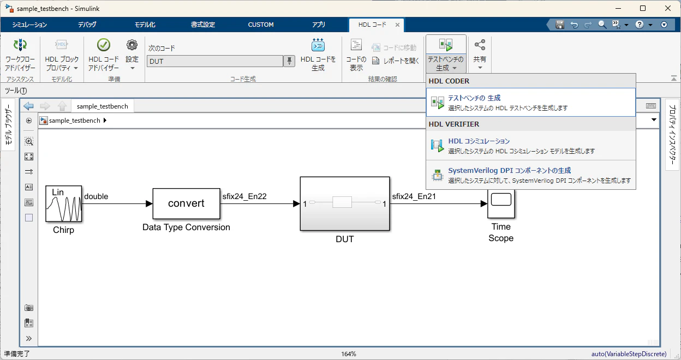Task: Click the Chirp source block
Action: tap(63, 203)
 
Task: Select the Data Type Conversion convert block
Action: tap(187, 203)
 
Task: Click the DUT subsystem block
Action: tap(345, 203)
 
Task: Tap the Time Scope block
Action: tap(501, 203)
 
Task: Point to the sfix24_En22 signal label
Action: tap(244, 196)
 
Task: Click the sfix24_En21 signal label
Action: tap(414, 196)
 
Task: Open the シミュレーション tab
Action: tap(29, 25)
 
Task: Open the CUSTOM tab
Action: tap(261, 25)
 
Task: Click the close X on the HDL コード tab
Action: tap(397, 25)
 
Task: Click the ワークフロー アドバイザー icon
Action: tap(20, 45)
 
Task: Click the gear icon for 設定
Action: tap(132, 45)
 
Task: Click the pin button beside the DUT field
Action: tap(289, 61)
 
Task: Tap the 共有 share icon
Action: tap(480, 45)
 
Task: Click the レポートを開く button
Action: tap(396, 61)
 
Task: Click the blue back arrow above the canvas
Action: tap(28, 106)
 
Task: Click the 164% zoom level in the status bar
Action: tap(348, 354)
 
